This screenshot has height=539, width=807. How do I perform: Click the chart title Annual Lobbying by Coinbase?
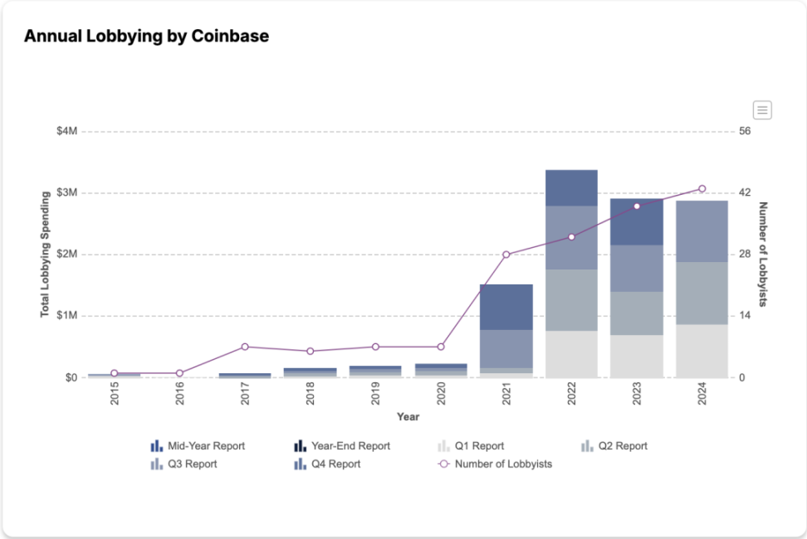[x=146, y=36]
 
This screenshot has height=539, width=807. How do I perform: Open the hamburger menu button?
[x=762, y=109]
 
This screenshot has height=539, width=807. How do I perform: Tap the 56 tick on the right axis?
[x=745, y=131]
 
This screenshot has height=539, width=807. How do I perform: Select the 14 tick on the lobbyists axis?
[x=745, y=316]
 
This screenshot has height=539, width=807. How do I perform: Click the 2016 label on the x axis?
[x=180, y=393]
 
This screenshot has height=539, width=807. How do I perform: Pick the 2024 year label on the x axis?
[x=702, y=393]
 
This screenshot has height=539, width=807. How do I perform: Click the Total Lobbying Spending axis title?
[x=46, y=254]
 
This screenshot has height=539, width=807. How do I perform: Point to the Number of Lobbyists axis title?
[x=763, y=254]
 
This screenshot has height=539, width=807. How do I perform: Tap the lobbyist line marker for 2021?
[x=506, y=255]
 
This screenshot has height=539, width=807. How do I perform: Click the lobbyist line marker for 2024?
[x=702, y=189]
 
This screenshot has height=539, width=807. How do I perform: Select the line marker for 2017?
[x=245, y=347]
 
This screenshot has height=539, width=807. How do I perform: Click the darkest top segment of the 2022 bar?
[x=571, y=187]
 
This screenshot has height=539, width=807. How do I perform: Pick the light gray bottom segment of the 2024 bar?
[x=702, y=351]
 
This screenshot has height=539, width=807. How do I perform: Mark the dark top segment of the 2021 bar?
[x=506, y=307]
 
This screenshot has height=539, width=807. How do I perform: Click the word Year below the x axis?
[x=408, y=416]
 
